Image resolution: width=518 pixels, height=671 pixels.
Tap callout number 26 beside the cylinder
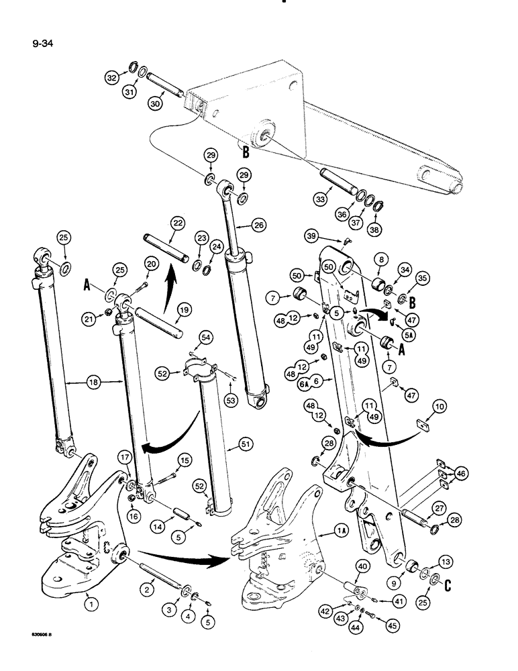click(260, 223)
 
